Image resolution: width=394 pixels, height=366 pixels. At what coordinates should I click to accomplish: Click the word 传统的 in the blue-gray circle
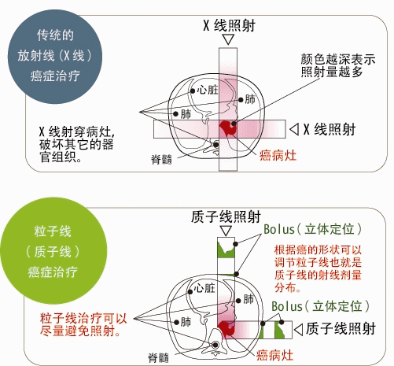point(55,35)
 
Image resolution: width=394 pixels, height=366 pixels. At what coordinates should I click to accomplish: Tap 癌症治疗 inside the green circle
point(53,272)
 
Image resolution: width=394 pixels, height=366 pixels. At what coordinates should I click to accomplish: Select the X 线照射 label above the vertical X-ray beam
point(229,26)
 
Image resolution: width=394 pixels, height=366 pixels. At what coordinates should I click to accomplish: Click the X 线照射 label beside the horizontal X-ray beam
point(330,129)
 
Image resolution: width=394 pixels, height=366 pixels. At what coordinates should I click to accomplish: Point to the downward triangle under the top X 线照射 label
point(228,39)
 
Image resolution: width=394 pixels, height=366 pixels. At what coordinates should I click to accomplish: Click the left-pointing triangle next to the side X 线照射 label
point(294,129)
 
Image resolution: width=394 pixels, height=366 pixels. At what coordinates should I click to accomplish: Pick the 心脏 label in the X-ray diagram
point(208,90)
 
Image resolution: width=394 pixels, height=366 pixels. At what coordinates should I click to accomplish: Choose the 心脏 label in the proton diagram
point(204,288)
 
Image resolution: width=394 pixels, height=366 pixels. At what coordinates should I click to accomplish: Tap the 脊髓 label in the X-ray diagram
point(161,159)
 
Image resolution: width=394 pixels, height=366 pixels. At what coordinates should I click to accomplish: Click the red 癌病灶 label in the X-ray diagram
point(278,155)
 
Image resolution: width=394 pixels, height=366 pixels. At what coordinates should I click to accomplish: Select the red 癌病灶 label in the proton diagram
point(274,356)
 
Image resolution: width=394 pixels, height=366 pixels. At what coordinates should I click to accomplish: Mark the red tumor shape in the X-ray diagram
point(228,128)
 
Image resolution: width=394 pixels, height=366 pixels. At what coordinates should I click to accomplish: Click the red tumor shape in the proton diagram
point(226,328)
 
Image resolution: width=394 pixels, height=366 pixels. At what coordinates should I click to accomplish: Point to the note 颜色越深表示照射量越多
point(338,65)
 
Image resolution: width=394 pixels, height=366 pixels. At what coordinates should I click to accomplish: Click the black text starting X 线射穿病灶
point(77,144)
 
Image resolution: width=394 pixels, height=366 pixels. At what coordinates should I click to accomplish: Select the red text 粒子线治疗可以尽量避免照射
point(83,325)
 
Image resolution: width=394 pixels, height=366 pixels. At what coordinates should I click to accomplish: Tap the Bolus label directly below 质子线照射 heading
point(313,229)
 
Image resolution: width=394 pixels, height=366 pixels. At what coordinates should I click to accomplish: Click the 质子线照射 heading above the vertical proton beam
point(226,216)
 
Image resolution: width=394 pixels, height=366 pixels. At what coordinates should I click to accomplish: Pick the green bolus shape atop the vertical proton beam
point(226,250)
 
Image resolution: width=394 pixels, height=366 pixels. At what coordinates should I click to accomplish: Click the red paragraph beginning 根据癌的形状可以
point(318,268)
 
